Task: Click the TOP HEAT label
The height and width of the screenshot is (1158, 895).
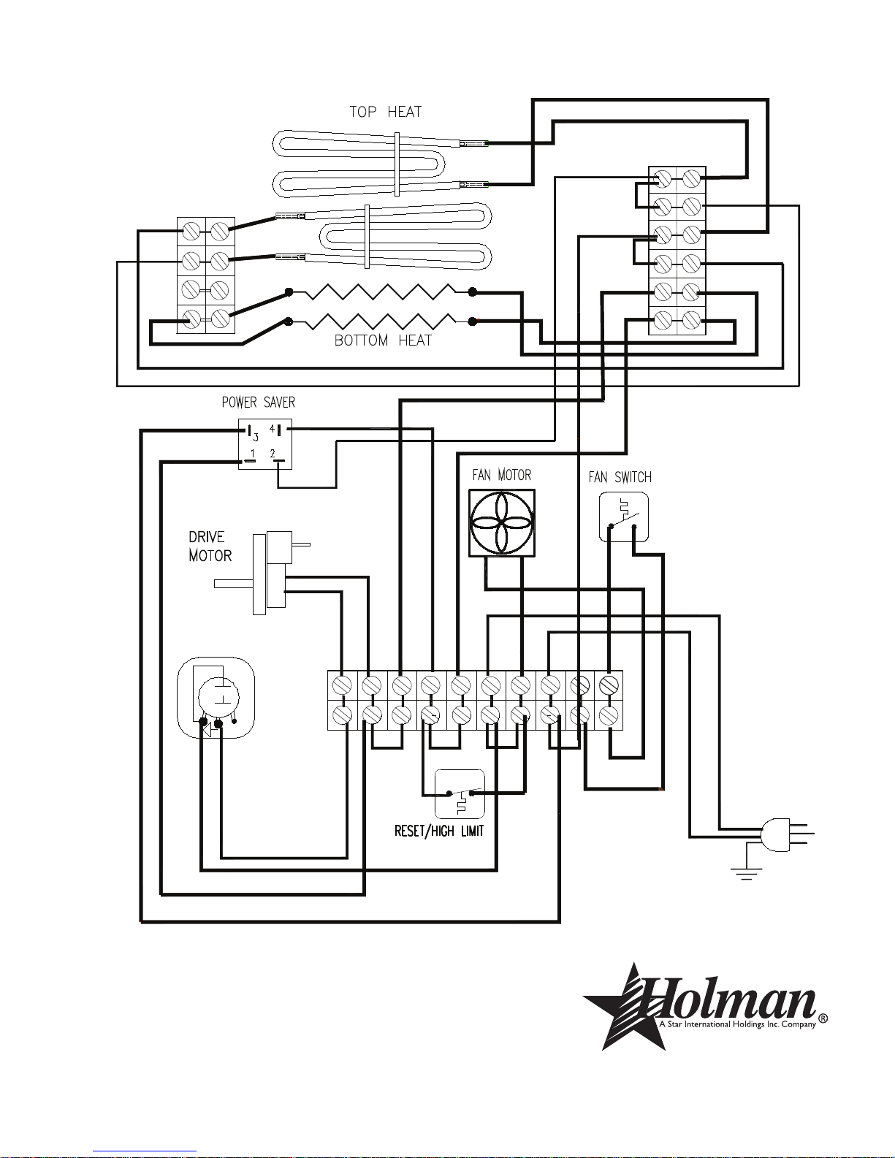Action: [385, 112]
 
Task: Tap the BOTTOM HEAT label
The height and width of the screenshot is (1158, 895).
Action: [383, 340]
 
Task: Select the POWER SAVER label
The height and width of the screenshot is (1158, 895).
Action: [259, 403]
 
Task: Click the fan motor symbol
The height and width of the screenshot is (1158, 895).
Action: [502, 523]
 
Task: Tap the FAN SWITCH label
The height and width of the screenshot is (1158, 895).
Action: [620, 477]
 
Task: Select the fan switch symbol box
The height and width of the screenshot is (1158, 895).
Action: [624, 517]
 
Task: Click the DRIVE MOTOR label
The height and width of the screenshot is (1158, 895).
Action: [210, 546]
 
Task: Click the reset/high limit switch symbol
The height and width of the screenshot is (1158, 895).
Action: [460, 793]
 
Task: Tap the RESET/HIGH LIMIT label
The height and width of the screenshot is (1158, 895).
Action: [439, 831]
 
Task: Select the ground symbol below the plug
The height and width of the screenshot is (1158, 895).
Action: [747, 873]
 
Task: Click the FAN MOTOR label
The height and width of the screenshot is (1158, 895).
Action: [502, 475]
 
